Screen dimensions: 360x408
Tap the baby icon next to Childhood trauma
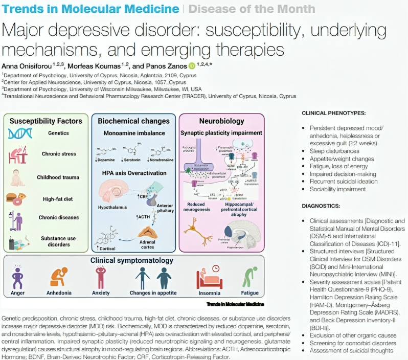[x=18, y=176]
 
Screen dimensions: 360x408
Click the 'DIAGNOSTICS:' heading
[x=321, y=206]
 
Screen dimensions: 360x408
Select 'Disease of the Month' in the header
[x=252, y=9]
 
